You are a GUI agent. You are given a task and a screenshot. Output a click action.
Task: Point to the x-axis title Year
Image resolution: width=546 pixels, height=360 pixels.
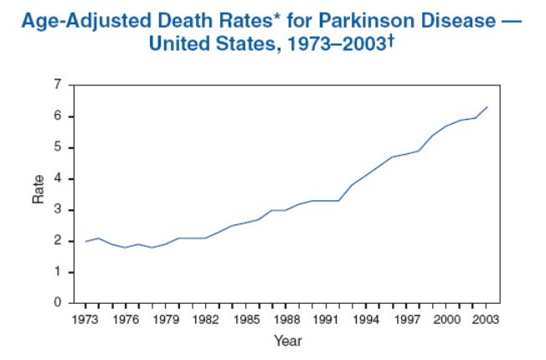(x=287, y=341)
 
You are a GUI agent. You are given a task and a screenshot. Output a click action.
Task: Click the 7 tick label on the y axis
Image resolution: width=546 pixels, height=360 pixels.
(x=58, y=85)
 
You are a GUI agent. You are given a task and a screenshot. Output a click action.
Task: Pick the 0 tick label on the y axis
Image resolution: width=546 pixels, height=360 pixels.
(x=58, y=303)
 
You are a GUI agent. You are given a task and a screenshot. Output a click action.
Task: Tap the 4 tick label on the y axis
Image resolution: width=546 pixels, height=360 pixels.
(x=58, y=178)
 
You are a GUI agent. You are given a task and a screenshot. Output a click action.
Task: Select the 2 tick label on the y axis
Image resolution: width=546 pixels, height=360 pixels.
(x=58, y=241)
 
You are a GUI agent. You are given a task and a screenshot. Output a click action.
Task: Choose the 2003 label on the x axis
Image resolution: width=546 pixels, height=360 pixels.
(x=487, y=319)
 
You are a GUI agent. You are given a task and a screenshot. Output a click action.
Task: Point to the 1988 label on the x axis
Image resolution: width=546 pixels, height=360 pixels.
(x=286, y=319)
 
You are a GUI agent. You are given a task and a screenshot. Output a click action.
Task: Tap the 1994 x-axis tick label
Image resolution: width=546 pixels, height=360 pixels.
(x=366, y=319)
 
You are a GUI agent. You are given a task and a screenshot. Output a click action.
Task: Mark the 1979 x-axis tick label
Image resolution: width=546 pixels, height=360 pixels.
(x=166, y=319)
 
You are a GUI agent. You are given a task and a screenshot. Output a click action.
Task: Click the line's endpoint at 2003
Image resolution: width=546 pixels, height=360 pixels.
(x=487, y=107)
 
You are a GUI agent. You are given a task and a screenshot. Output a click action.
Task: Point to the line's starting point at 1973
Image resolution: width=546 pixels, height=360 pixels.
(x=86, y=241)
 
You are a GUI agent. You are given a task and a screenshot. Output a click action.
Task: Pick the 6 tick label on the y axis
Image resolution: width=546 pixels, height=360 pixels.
(x=58, y=116)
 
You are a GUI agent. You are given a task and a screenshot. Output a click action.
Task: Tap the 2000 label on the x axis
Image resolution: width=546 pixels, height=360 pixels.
(x=446, y=319)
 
